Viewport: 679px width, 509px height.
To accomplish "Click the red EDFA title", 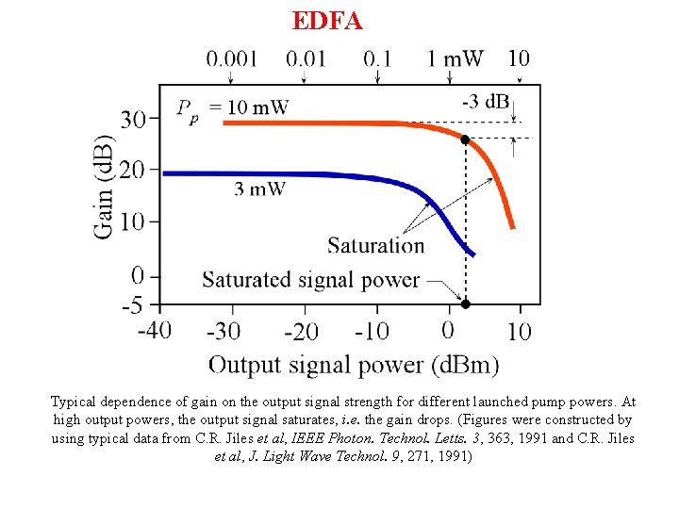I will click(x=327, y=21).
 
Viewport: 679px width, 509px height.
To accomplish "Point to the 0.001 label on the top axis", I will click(x=232, y=58).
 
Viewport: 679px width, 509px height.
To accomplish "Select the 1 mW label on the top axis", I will click(x=455, y=58).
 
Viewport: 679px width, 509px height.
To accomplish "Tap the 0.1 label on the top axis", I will click(x=377, y=58).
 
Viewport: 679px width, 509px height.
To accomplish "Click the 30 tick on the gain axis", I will click(x=134, y=120).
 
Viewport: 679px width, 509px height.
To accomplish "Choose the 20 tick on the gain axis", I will click(x=134, y=171).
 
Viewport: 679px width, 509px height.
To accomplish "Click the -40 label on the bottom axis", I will click(x=154, y=331).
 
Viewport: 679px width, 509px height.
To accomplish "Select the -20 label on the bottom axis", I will click(x=301, y=331).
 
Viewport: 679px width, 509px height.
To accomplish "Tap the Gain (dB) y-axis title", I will click(x=105, y=188).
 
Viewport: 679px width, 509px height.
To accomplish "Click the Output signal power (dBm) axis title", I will click(x=354, y=365).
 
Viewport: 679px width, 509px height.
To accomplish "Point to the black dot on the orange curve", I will click(x=465, y=140).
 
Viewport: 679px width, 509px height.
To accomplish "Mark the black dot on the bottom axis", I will click(x=465, y=304).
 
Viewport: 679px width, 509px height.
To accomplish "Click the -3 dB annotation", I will click(x=486, y=101).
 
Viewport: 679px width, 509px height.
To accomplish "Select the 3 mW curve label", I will click(x=259, y=189).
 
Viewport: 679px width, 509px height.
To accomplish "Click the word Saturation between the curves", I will click(x=376, y=245).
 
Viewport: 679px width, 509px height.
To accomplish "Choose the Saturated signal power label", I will click(x=310, y=279).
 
